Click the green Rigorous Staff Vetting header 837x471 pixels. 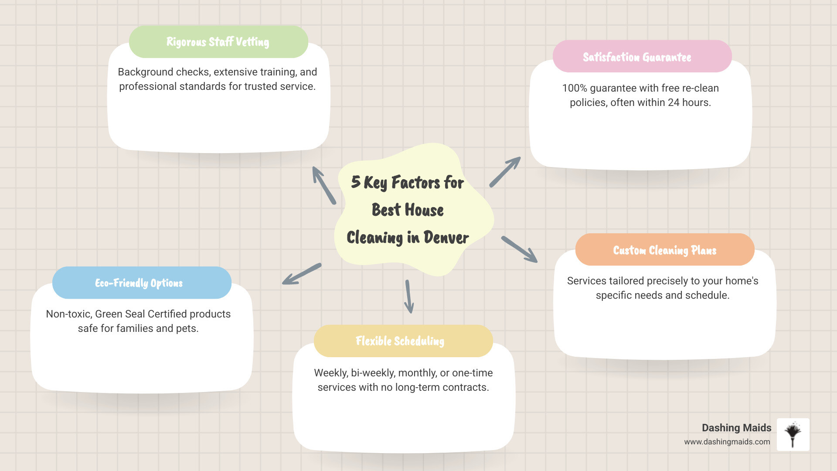tap(218, 42)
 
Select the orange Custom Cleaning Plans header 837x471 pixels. tap(664, 250)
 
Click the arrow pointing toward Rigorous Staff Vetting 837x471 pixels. tap(324, 185)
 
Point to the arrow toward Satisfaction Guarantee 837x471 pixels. tap(505, 172)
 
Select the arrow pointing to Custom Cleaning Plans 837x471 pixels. tap(519, 249)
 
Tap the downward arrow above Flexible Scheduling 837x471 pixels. tap(409, 297)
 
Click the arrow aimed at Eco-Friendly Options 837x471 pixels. tap(302, 274)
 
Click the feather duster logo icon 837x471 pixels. tap(793, 434)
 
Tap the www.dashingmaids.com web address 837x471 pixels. tap(727, 442)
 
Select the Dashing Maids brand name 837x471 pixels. tap(736, 428)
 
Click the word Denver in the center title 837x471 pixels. tap(446, 238)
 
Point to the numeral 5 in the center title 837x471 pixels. tap(356, 182)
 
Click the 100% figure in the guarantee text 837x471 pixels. tap(575, 88)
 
